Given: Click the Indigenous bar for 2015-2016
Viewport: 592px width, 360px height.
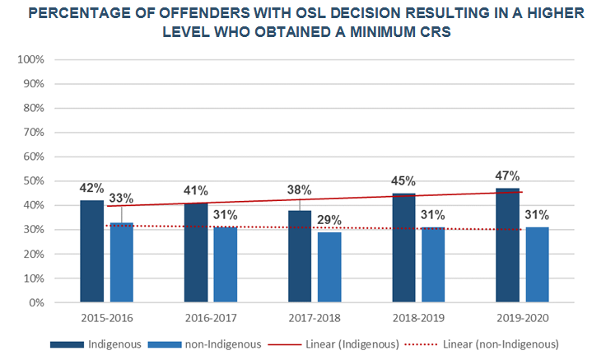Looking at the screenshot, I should [x=91, y=251].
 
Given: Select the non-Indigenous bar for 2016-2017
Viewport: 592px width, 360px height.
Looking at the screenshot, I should [x=225, y=264].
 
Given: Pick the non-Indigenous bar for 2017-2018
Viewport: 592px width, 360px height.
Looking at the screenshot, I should [x=329, y=267].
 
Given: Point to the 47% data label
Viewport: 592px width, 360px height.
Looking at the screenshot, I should [x=508, y=175].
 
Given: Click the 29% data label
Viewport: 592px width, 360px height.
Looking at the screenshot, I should [x=330, y=219].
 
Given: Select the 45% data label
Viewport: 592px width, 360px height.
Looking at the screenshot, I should [x=403, y=181].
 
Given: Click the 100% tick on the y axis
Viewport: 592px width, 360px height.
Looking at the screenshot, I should [x=30, y=60].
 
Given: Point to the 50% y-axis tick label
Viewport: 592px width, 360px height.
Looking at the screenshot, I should [x=33, y=181].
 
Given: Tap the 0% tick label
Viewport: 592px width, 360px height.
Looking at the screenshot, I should [x=36, y=302].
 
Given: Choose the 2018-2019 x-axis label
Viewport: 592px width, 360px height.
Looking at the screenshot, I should [x=418, y=317].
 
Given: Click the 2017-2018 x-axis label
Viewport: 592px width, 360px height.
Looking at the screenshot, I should [x=315, y=317].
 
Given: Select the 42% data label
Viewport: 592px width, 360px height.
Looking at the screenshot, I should [x=91, y=188].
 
